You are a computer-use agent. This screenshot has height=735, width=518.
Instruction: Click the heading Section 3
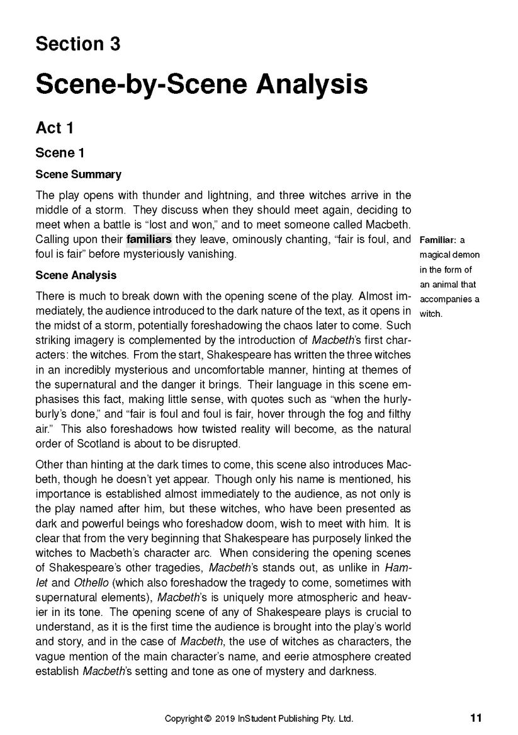(x=77, y=45)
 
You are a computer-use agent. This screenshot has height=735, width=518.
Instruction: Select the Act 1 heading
(x=55, y=128)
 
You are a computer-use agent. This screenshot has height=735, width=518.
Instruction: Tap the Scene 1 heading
(x=60, y=153)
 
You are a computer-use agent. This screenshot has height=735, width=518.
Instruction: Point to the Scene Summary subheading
(x=78, y=174)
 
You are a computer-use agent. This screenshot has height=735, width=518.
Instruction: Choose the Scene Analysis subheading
(x=76, y=275)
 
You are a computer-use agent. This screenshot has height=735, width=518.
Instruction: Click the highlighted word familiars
(x=149, y=239)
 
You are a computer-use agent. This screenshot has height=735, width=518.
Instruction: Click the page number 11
(x=476, y=717)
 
